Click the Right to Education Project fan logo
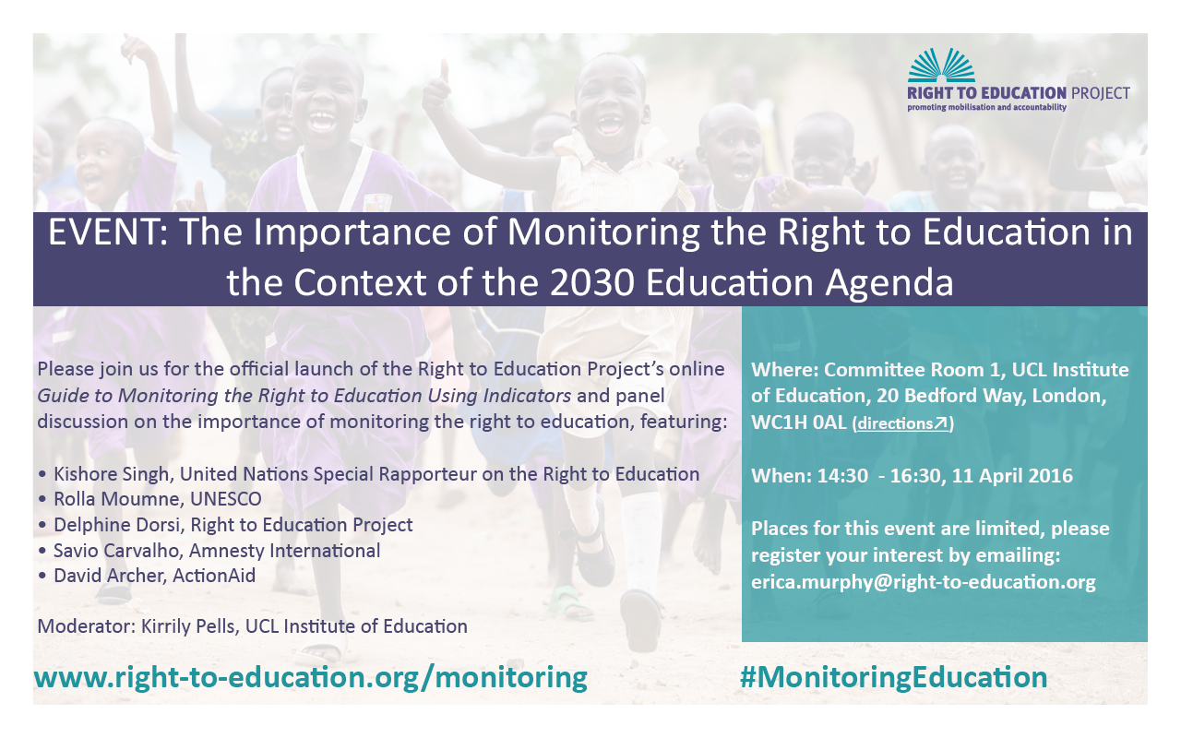click(x=941, y=65)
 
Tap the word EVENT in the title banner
click(x=105, y=232)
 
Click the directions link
click(x=903, y=423)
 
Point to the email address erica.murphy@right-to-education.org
click(x=924, y=581)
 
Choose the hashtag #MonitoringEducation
click(x=894, y=677)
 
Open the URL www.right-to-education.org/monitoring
click(x=311, y=678)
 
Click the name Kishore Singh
click(x=112, y=474)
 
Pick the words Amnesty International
click(x=284, y=551)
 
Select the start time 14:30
click(x=842, y=476)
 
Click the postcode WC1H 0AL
click(x=799, y=423)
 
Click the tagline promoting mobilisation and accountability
click(x=986, y=108)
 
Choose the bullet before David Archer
click(x=42, y=577)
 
